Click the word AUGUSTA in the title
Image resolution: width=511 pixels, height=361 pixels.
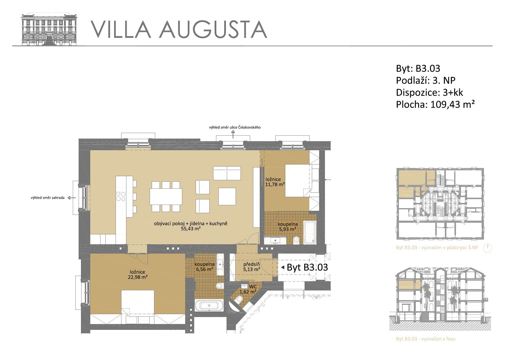(x=213, y=29)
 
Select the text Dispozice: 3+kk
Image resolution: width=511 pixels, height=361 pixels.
(x=429, y=92)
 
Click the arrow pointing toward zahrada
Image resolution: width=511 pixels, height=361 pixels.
(x=72, y=198)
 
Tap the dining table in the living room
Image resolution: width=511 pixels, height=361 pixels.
(x=166, y=197)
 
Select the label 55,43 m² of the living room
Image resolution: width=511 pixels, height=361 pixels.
(x=191, y=229)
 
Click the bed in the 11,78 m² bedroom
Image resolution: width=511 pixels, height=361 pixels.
(x=298, y=180)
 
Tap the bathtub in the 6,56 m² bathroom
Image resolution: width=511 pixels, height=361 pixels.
(x=209, y=305)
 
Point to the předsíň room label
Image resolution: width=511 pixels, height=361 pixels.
(x=252, y=264)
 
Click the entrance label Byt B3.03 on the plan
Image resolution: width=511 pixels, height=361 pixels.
(x=307, y=267)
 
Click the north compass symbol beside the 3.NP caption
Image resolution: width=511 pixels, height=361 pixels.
(x=487, y=248)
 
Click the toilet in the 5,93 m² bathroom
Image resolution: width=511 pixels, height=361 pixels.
(x=296, y=240)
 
